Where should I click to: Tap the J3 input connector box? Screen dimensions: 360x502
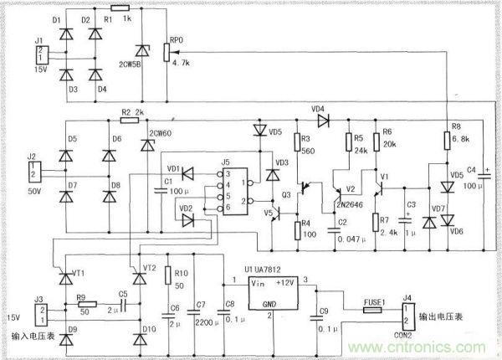coord(38,312)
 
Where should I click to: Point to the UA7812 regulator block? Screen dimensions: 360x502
coord(270,291)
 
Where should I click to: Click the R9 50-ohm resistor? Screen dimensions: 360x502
coord(86,305)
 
